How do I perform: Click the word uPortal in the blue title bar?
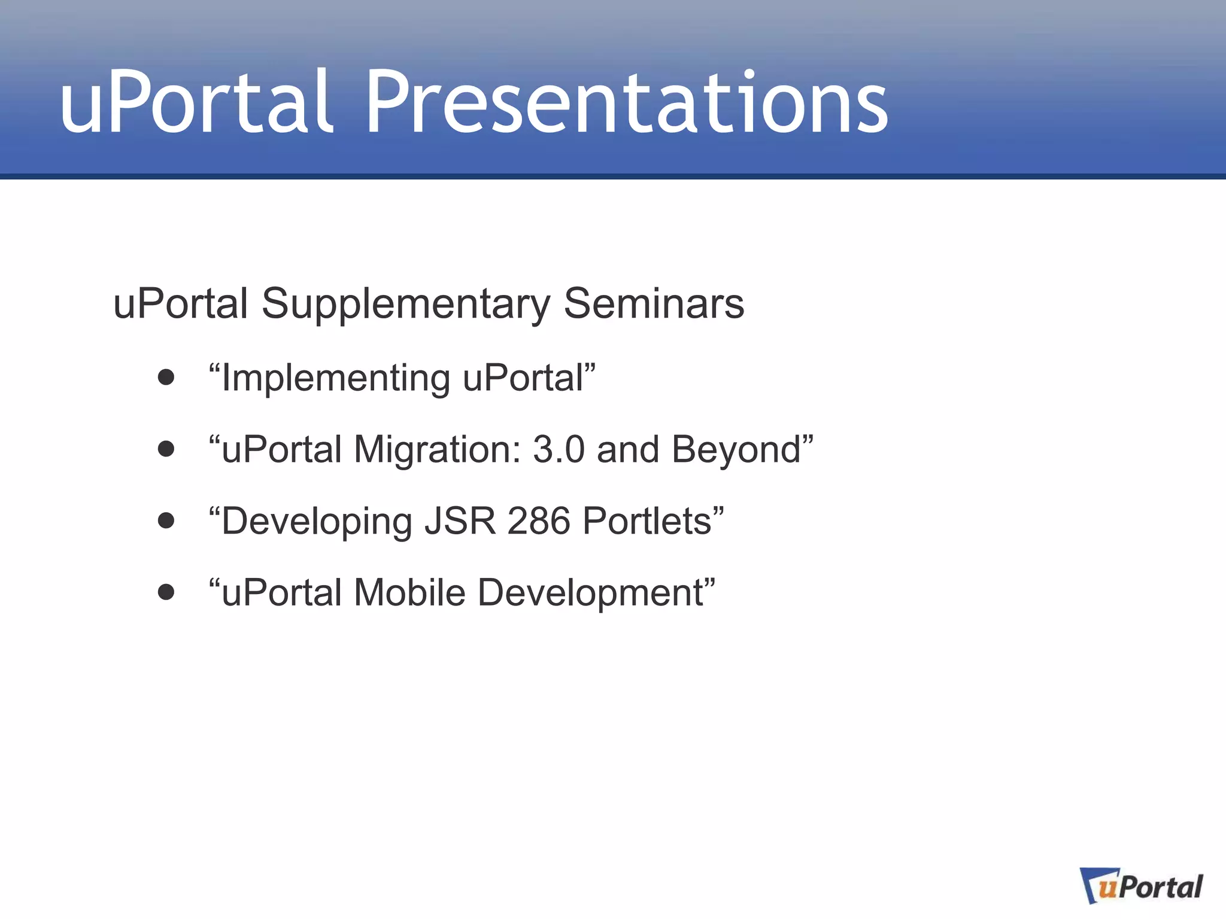tap(196, 103)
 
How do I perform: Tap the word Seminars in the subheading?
tap(654, 303)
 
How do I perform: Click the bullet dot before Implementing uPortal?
tap(166, 378)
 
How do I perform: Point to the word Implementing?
tap(335, 379)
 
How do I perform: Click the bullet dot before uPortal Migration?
tap(166, 449)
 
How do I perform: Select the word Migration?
tap(437, 450)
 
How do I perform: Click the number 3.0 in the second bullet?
tap(558, 449)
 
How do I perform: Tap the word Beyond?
tap(736, 450)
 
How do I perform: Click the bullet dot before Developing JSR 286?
tap(166, 521)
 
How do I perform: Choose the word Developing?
tap(317, 522)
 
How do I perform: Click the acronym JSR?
tap(460, 521)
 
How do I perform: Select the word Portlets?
tap(647, 521)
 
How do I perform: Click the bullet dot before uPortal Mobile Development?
tap(166, 592)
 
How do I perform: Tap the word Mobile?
tap(409, 592)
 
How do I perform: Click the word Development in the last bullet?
tap(591, 594)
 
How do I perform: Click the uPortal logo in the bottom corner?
tap(1142, 886)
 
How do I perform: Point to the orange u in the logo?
tap(1107, 888)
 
